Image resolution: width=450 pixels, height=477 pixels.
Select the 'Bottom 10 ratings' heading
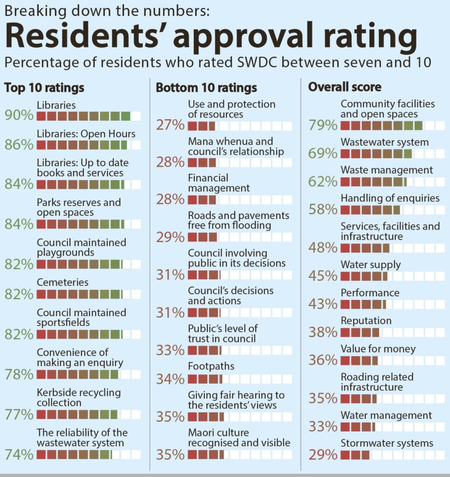pyautogui.click(x=206, y=87)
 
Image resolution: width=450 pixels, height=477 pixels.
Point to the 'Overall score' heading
pyautogui.click(x=345, y=87)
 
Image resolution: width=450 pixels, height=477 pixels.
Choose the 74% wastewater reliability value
pyautogui.click(x=19, y=454)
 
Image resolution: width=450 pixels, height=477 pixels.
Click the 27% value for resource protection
pyautogui.click(x=170, y=126)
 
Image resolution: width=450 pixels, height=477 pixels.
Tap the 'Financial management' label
pyautogui.click(x=219, y=183)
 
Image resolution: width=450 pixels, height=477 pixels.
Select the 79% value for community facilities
pyautogui.click(x=323, y=125)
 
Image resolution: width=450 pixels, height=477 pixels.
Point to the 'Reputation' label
pyautogui.click(x=366, y=321)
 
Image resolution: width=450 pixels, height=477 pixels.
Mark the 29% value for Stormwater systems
pyautogui.click(x=323, y=454)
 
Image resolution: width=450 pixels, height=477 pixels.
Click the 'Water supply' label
pyautogui.click(x=370, y=265)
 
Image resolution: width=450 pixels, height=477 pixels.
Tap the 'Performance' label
pyautogui.click(x=370, y=293)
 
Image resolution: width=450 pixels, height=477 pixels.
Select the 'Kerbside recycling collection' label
pyautogui.click(x=78, y=397)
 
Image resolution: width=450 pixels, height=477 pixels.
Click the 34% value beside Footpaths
pyautogui.click(x=170, y=379)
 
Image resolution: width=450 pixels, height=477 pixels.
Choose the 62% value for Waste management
pyautogui.click(x=323, y=182)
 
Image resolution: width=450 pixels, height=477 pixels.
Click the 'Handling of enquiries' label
pyautogui.click(x=390, y=198)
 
